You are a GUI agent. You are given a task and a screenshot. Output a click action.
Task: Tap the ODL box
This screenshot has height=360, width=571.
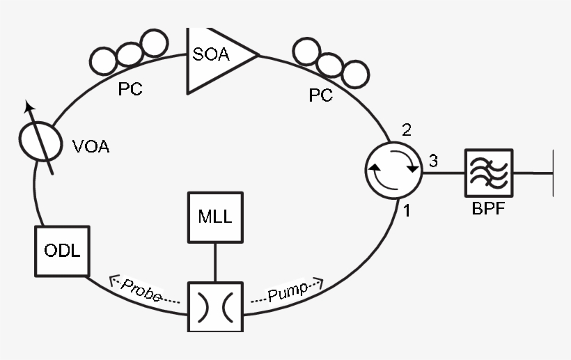(x=62, y=251)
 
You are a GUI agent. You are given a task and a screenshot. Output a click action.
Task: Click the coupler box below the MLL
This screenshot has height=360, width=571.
(x=215, y=307)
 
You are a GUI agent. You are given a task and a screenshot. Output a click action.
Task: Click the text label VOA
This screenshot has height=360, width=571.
(x=91, y=147)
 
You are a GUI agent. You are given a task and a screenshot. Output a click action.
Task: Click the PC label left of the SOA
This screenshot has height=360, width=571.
(x=130, y=91)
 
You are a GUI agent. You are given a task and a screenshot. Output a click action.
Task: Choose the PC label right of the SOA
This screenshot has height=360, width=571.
(x=320, y=95)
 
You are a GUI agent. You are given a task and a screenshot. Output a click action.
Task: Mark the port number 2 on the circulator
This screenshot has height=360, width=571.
(x=407, y=130)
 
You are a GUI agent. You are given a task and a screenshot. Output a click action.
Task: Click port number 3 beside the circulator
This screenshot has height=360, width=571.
(x=432, y=162)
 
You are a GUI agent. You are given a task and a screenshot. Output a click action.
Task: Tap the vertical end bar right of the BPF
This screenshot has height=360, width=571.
(x=553, y=173)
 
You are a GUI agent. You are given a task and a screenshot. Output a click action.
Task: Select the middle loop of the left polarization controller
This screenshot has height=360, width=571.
(x=128, y=53)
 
